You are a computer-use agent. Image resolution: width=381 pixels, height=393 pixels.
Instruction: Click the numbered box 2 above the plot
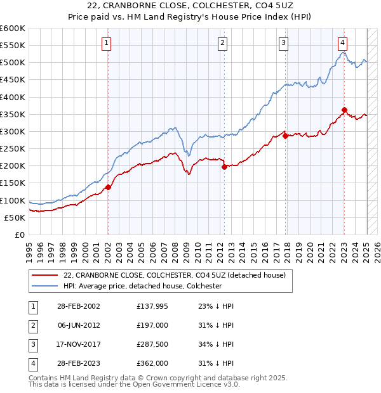tap(223, 43)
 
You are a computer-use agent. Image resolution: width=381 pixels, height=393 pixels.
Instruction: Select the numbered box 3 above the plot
tap(283, 43)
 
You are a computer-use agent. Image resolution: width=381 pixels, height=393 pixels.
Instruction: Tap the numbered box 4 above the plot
tap(342, 43)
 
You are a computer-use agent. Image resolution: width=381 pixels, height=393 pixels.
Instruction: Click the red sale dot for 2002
tap(108, 187)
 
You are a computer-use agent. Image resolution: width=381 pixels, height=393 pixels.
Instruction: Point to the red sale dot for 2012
tap(224, 167)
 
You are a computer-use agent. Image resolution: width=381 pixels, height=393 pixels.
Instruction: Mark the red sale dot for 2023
tap(344, 110)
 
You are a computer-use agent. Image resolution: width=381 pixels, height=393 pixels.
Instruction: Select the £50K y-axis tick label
tap(15, 217)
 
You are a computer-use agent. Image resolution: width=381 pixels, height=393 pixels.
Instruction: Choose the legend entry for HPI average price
tap(142, 286)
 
